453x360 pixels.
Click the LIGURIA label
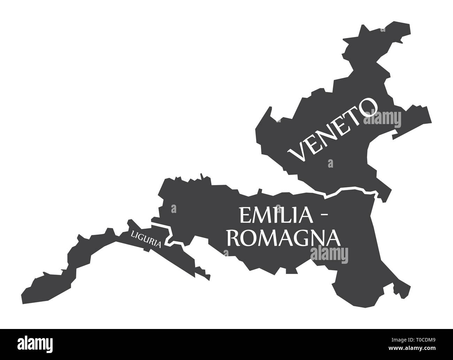pyautogui.click(x=146, y=239)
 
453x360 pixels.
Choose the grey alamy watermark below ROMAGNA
pyautogui.click(x=329, y=253)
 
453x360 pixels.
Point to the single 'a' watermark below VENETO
pyautogui.click(x=330, y=163)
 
